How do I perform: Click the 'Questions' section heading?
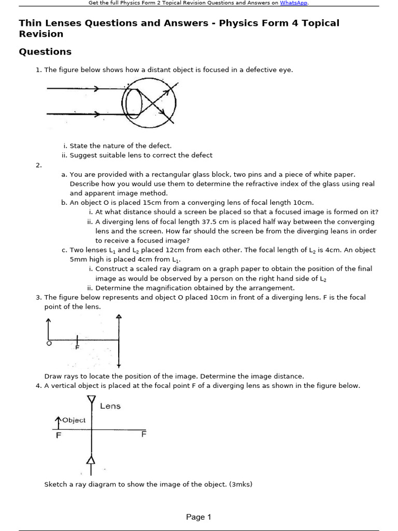point(45,52)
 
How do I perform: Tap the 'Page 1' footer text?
point(198,517)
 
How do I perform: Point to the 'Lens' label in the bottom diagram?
point(110,406)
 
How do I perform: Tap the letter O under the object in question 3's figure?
point(49,343)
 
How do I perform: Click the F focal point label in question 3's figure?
point(77,347)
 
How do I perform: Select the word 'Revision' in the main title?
point(41,34)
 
